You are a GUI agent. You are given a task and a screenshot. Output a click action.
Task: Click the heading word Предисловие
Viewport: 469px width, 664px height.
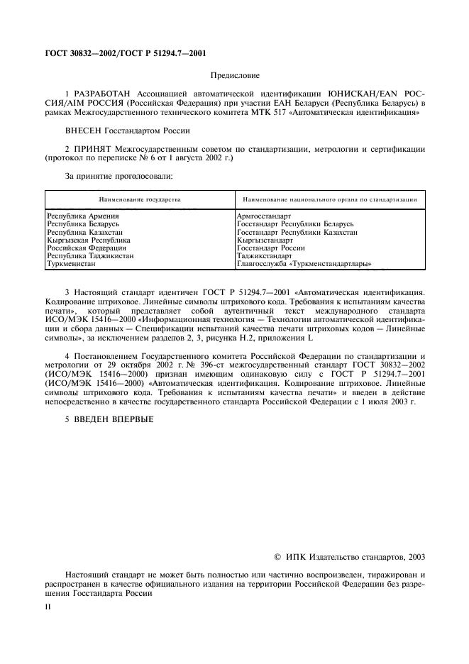click(x=234, y=74)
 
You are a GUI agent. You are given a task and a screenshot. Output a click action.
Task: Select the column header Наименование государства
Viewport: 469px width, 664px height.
click(x=140, y=199)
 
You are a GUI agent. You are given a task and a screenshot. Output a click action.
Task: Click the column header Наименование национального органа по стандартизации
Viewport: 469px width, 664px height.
click(x=329, y=199)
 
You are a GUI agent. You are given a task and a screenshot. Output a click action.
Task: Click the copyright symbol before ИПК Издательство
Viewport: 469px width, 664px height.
click(x=278, y=558)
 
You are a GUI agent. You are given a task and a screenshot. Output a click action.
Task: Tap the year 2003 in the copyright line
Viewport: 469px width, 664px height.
click(x=414, y=558)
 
